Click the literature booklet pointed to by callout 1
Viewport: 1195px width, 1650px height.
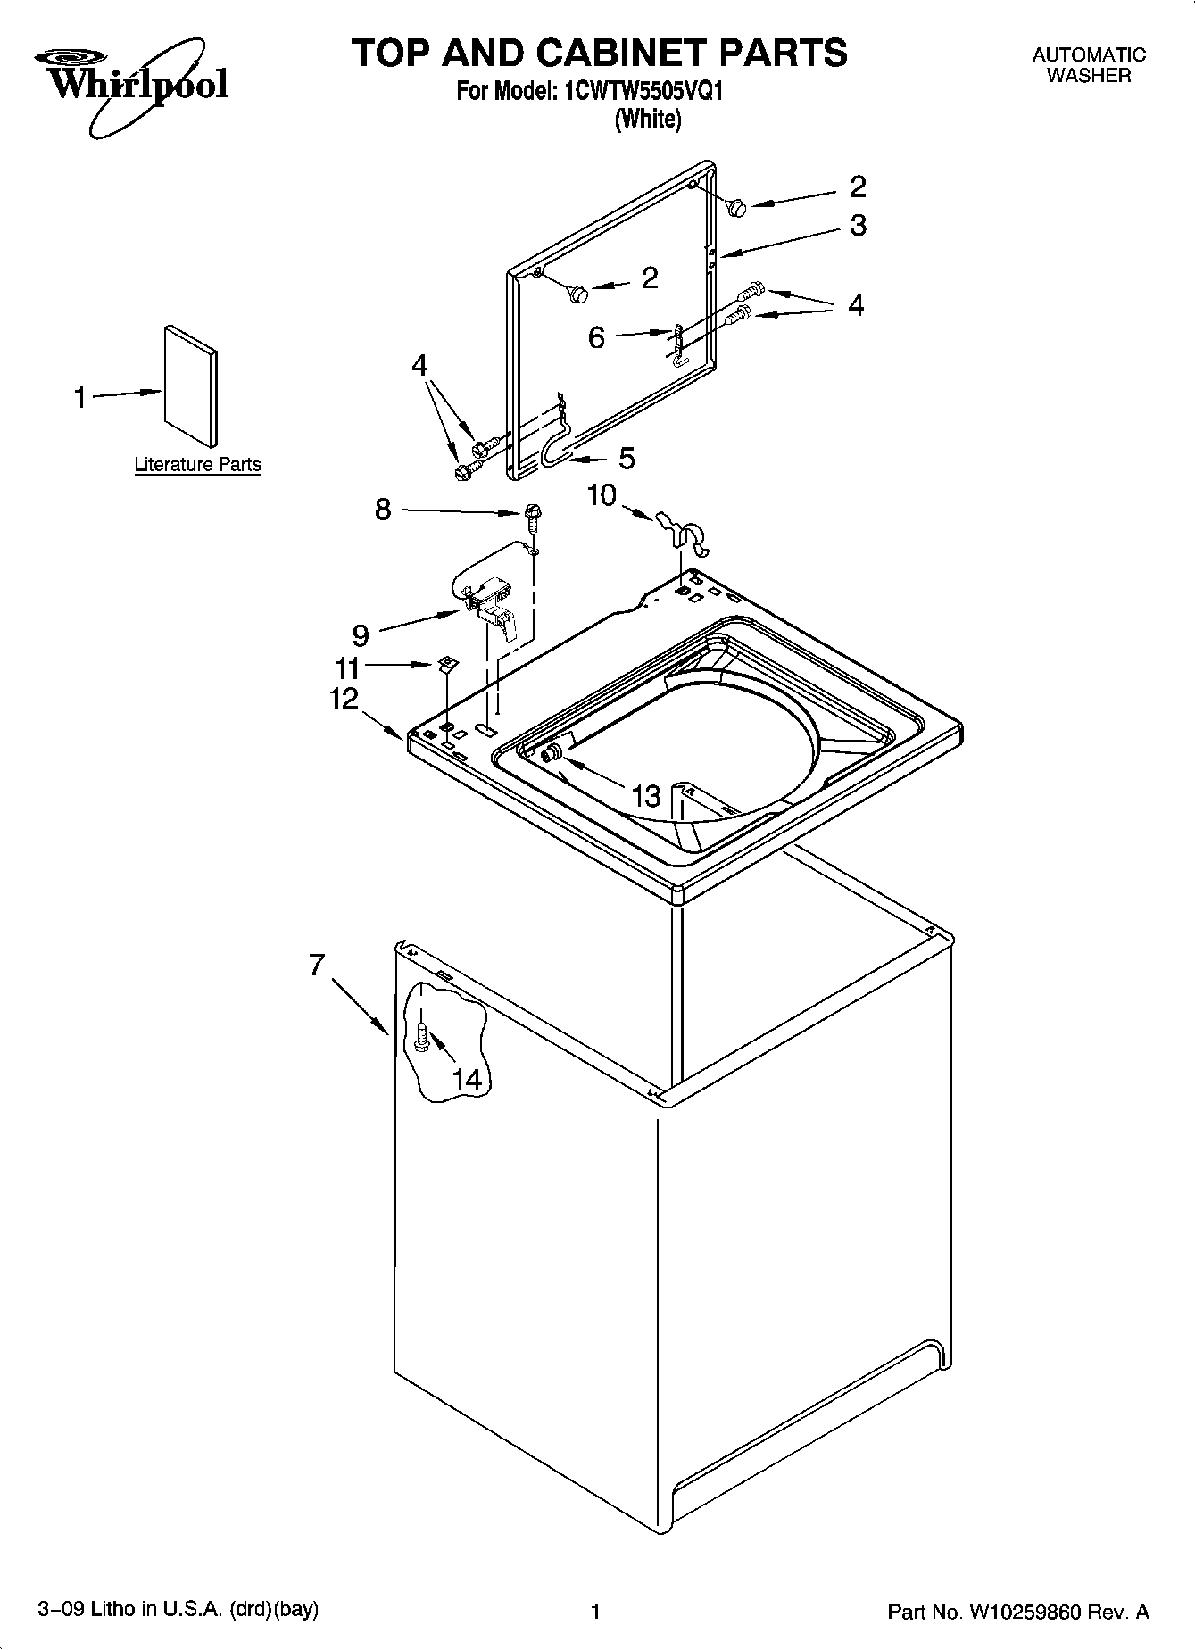point(190,386)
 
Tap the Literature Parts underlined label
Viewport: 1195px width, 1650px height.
point(197,465)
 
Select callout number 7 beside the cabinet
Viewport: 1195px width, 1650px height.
point(317,965)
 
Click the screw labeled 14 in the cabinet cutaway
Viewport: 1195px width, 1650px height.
point(421,1037)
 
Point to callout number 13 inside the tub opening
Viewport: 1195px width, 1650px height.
point(645,795)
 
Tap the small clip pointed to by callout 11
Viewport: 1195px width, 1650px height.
point(448,663)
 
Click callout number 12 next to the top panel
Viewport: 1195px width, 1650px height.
point(344,699)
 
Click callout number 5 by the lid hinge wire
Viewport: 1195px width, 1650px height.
point(627,458)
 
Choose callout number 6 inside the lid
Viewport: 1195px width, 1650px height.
point(596,337)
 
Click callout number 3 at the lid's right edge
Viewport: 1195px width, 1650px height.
point(857,225)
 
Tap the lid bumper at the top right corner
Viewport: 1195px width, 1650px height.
point(737,207)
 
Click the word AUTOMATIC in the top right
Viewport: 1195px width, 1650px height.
point(1088,55)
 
